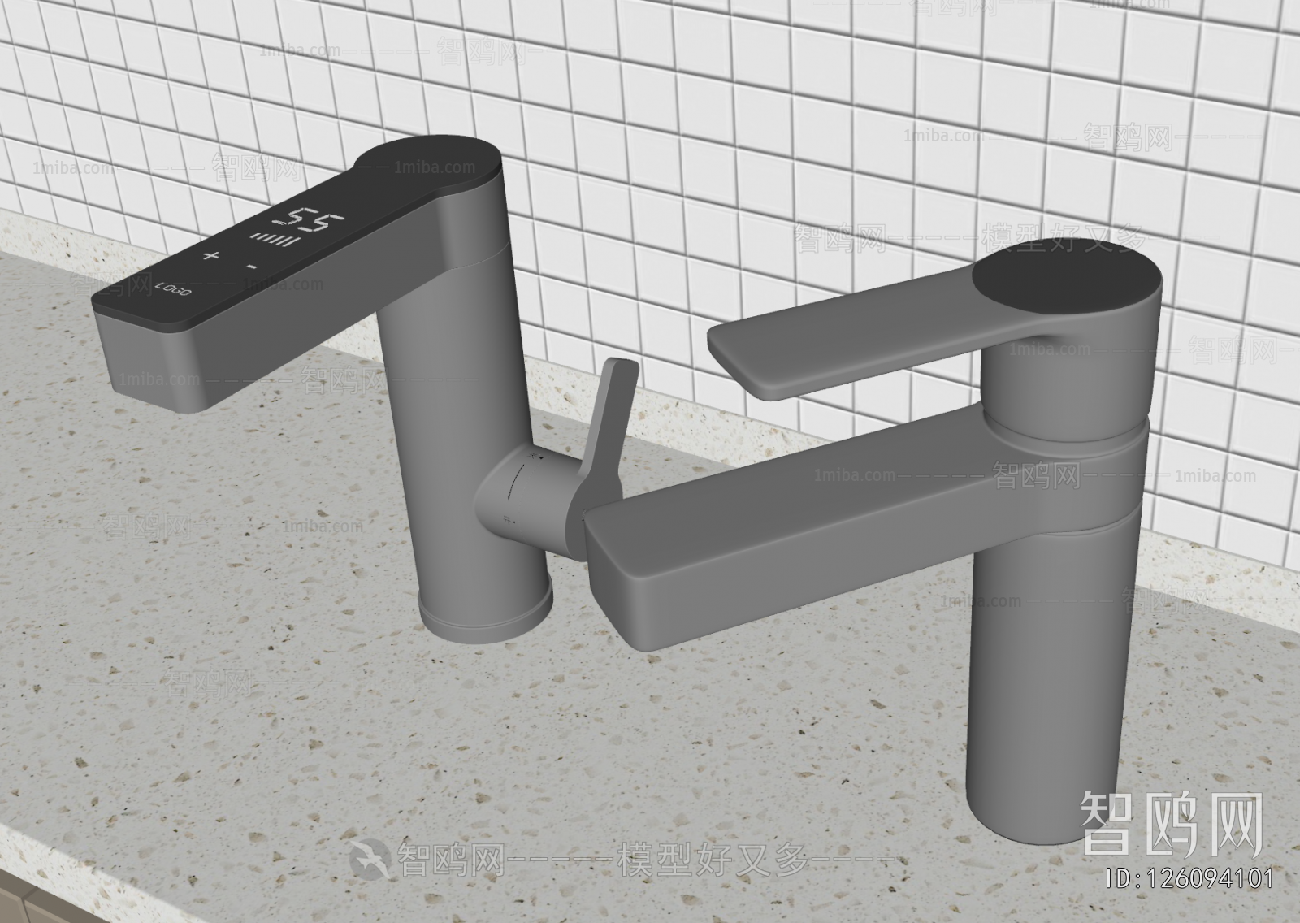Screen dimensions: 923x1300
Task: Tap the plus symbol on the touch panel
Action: pyautogui.click(x=211, y=257)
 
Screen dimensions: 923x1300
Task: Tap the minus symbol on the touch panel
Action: pyautogui.click(x=253, y=266)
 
